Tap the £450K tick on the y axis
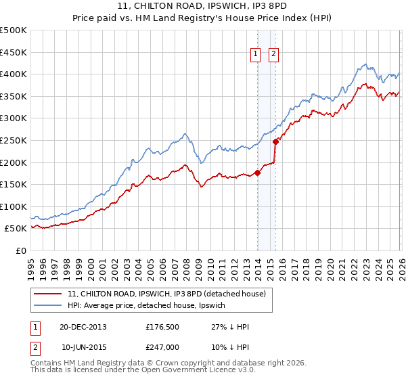click(14, 52)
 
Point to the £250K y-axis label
click(14, 140)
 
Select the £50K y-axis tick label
click(16, 229)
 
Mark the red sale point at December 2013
click(257, 173)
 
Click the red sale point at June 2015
click(275, 141)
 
